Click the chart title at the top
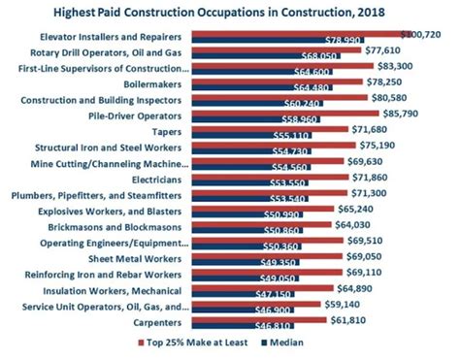click(230, 11)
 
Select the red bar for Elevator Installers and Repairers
click(291, 33)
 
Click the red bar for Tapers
click(272, 130)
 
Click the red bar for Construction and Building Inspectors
click(281, 98)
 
